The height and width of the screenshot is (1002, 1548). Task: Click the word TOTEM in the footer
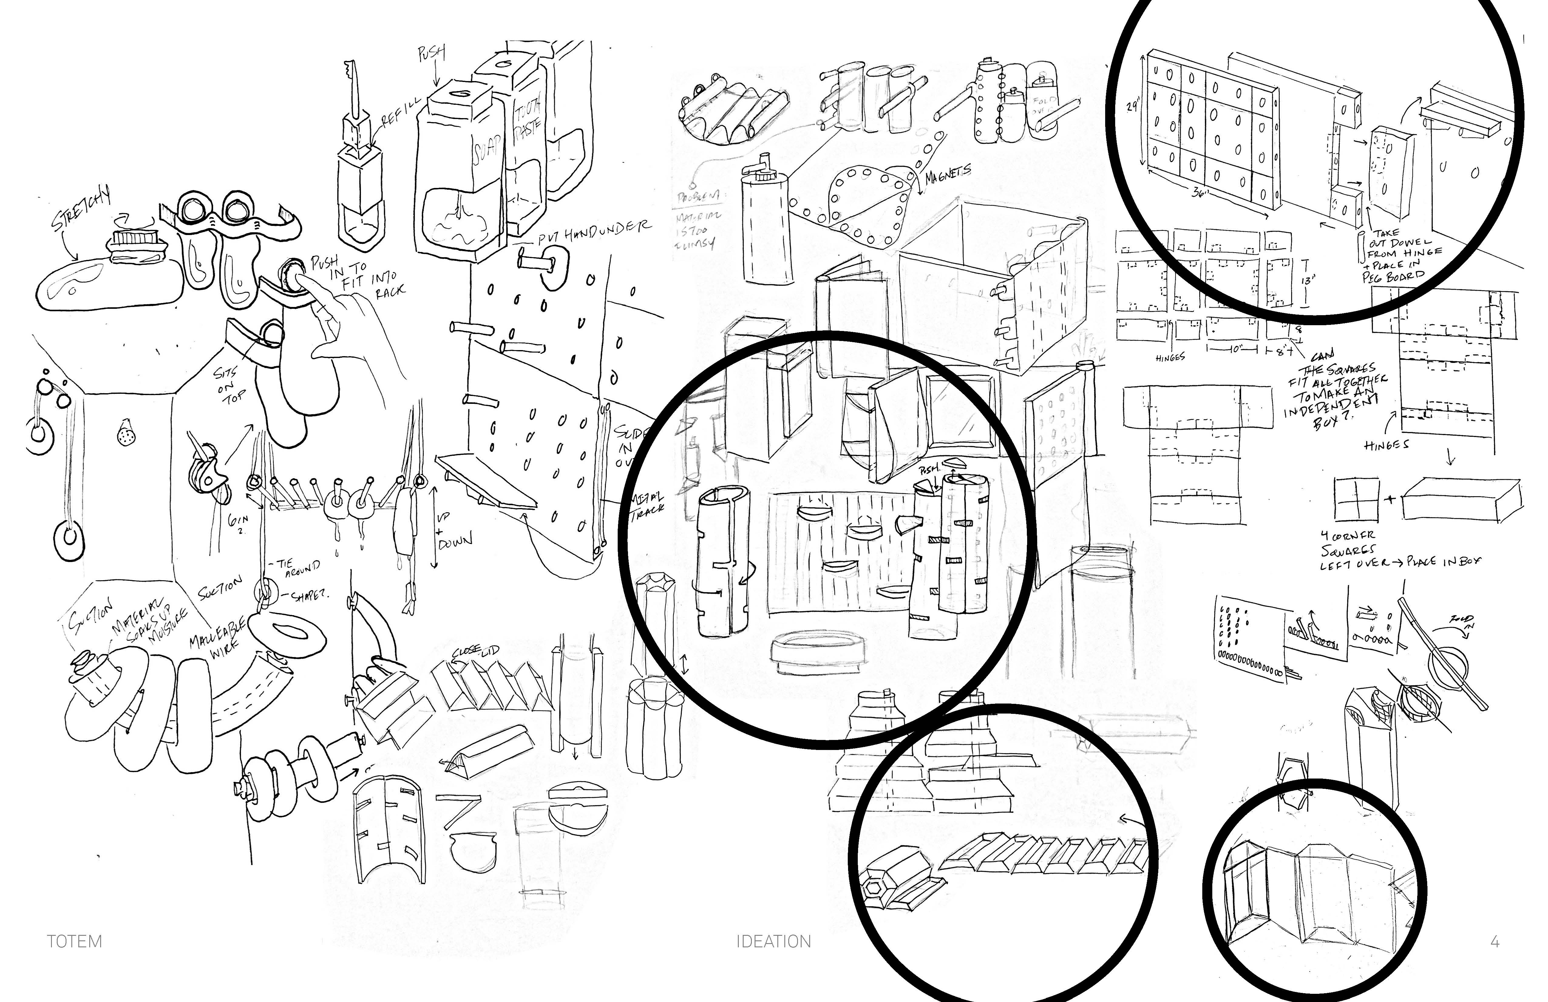tap(74, 942)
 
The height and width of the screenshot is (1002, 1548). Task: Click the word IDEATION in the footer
tap(773, 942)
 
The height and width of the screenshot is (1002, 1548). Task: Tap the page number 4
tap(1495, 942)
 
